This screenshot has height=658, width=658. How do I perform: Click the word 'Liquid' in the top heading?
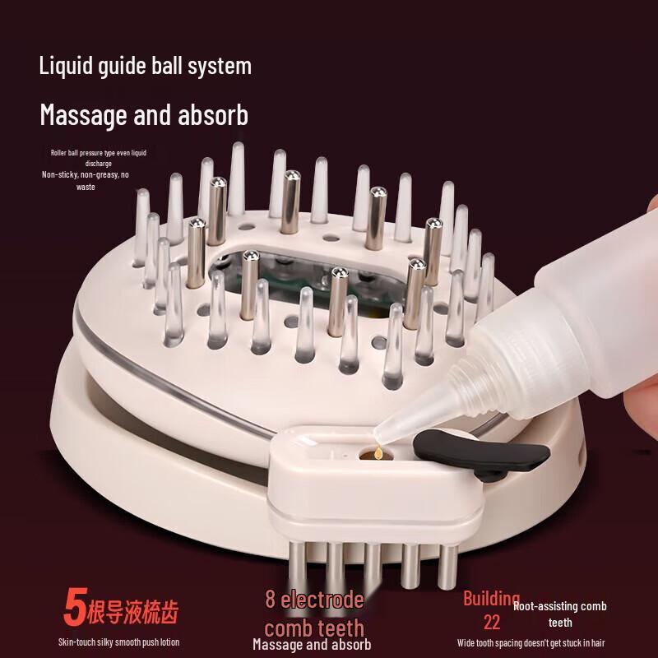[x=67, y=66]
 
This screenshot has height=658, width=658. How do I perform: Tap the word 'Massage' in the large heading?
[x=81, y=114]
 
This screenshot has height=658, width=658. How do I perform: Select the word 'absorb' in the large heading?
[x=209, y=114]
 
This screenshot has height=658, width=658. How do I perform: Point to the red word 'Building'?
[x=491, y=598]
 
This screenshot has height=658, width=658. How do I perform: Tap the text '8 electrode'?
[x=313, y=600]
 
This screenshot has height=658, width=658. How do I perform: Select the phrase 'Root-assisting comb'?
[x=559, y=607]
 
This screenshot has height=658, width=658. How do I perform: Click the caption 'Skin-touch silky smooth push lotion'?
[x=118, y=642]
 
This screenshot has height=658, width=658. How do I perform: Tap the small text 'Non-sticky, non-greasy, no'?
[x=86, y=174]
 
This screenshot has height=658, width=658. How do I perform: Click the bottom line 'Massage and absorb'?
[x=312, y=645]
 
